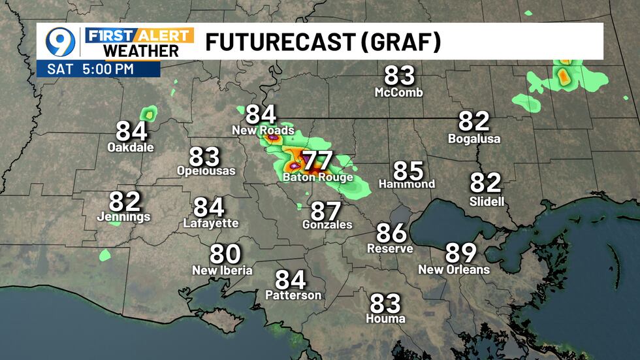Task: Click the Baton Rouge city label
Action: click(x=318, y=177)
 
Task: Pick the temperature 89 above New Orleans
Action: click(x=460, y=253)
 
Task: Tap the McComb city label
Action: click(x=398, y=93)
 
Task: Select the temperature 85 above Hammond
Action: click(x=408, y=171)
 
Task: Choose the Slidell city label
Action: click(x=487, y=201)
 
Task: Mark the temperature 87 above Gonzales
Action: click(x=326, y=210)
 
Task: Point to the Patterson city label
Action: click(x=293, y=295)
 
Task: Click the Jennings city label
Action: click(x=123, y=217)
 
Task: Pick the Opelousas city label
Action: click(x=206, y=171)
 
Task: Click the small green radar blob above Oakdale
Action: click(x=150, y=115)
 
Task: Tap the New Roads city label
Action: click(x=263, y=131)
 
